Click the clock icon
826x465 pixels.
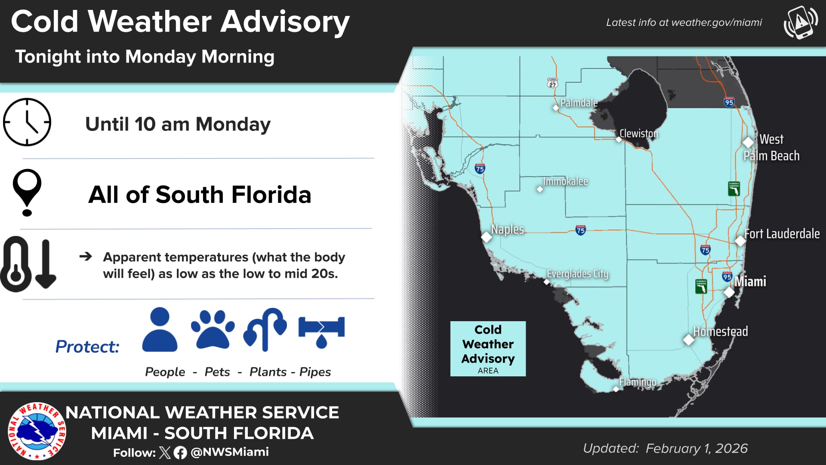pos(27,122)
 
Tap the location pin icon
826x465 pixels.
pos(27,192)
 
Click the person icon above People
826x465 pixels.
pos(160,329)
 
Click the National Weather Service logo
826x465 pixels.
pos(37,431)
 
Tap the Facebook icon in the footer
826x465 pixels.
pos(180,453)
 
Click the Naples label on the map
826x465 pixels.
pos(508,229)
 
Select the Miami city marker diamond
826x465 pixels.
pos(729,292)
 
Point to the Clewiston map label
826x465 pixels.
pos(638,133)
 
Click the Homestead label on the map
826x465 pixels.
pos(720,331)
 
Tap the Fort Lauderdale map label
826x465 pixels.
pos(782,234)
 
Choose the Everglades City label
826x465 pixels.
pos(577,274)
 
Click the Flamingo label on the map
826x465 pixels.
pos(638,382)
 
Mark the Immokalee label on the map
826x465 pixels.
pos(565,181)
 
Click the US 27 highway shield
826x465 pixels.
pos(552,83)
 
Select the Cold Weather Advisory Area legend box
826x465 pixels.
pos(488,349)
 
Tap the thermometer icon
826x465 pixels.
pos(16,264)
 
